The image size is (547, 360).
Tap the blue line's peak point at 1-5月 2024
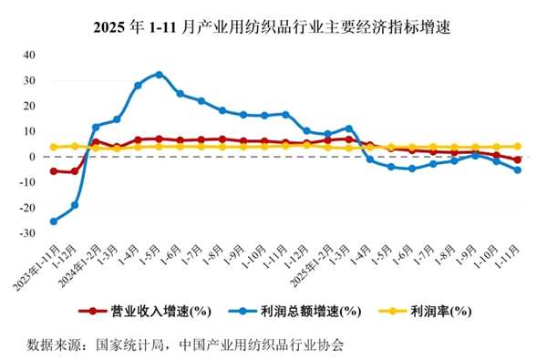(x=159, y=74)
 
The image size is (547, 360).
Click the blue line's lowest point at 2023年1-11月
(x=53, y=221)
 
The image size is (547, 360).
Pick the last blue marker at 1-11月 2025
(x=517, y=170)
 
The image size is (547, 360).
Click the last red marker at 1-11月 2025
(x=517, y=159)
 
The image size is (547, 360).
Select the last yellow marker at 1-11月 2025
(x=517, y=146)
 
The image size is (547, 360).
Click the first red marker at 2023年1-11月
(x=53, y=170)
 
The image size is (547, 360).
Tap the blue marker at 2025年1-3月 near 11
(x=348, y=129)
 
